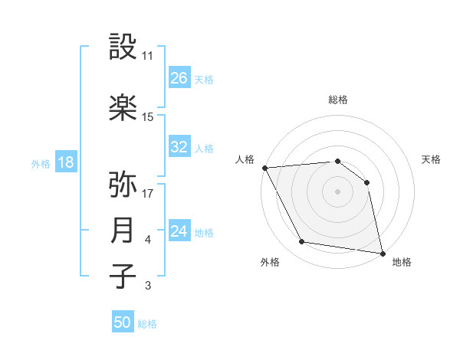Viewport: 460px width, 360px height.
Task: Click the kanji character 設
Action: click(123, 47)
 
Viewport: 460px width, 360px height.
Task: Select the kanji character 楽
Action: click(123, 108)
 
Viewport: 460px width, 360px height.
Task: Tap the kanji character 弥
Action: click(123, 185)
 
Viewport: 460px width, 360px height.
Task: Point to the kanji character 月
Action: click(123, 231)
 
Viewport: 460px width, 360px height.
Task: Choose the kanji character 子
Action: click(123, 277)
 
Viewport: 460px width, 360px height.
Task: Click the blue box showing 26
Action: click(179, 78)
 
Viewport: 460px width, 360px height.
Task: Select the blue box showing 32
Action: click(179, 147)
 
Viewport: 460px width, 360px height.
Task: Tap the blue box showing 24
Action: click(179, 231)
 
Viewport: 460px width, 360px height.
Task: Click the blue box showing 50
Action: click(123, 322)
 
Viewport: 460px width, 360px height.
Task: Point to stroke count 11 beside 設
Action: click(148, 56)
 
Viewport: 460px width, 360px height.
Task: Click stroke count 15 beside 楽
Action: click(148, 117)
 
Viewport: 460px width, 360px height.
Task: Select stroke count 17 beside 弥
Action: click(148, 194)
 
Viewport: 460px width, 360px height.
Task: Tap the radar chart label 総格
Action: click(338, 100)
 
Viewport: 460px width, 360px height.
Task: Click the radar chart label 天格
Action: click(431, 159)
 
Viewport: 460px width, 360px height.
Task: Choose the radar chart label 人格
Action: click(245, 159)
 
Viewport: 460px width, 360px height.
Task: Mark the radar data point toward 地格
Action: click(382, 253)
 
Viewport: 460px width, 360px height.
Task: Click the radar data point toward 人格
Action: click(264, 168)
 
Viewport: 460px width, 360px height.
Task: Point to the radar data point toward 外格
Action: click(302, 242)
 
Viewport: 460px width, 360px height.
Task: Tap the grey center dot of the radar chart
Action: click(338, 191)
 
